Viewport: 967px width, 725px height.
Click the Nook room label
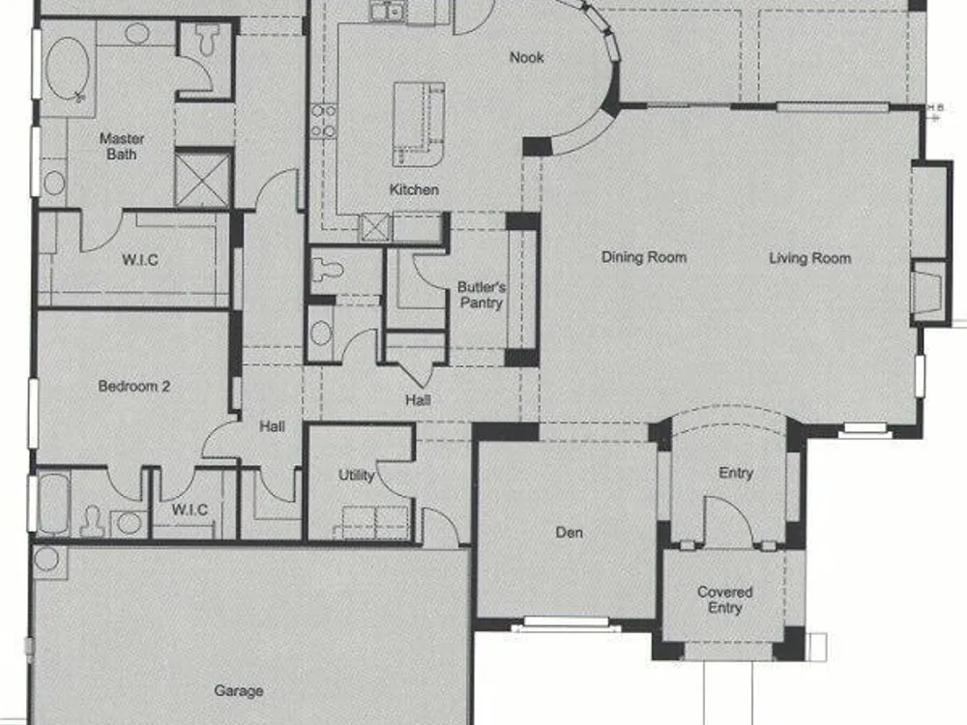(527, 57)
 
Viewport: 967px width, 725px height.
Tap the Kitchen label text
(414, 189)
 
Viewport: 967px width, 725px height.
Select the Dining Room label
(644, 257)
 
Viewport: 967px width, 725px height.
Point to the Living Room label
(809, 258)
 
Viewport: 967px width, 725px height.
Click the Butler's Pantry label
(482, 295)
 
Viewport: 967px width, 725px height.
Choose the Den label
(569, 532)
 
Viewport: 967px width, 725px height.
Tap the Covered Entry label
(724, 600)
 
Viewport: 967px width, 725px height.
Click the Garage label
(239, 691)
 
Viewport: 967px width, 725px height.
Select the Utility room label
(356, 476)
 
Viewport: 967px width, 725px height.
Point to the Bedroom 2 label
(133, 387)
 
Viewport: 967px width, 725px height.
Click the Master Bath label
(122, 146)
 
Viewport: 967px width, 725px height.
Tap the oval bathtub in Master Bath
(68, 69)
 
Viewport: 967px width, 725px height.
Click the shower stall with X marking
(202, 180)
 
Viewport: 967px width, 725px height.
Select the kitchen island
(419, 124)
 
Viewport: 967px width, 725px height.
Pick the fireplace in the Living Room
(929, 290)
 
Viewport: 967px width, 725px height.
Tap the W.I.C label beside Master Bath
(140, 260)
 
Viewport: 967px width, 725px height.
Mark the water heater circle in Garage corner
(46, 559)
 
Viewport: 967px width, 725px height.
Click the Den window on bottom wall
(566, 623)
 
